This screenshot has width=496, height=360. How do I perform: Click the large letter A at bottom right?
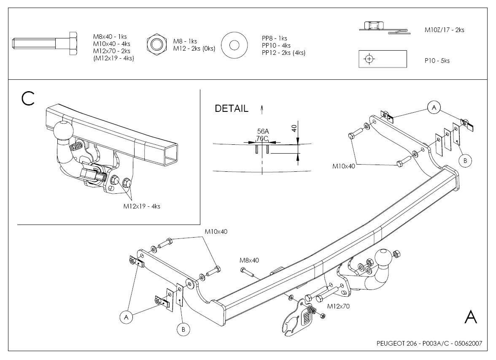click(x=471, y=317)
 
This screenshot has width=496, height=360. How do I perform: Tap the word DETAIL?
click(x=232, y=108)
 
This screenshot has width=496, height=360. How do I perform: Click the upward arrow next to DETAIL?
click(x=262, y=109)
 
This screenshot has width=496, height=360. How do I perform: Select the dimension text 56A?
click(x=263, y=132)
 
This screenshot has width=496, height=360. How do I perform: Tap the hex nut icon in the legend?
click(x=156, y=44)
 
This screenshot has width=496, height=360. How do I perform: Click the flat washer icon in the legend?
click(x=235, y=45)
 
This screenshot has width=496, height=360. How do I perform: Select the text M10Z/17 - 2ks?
click(x=444, y=30)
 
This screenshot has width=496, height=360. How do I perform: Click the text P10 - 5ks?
click(x=437, y=61)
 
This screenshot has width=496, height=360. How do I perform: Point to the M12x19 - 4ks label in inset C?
click(x=142, y=206)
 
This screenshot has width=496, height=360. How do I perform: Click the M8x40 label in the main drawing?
click(x=249, y=260)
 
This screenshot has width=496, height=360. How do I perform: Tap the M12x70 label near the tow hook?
click(x=338, y=306)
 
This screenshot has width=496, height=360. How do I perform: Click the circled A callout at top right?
click(x=434, y=108)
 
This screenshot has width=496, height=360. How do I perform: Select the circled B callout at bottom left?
click(x=183, y=330)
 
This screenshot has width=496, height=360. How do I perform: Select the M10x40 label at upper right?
click(x=344, y=166)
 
